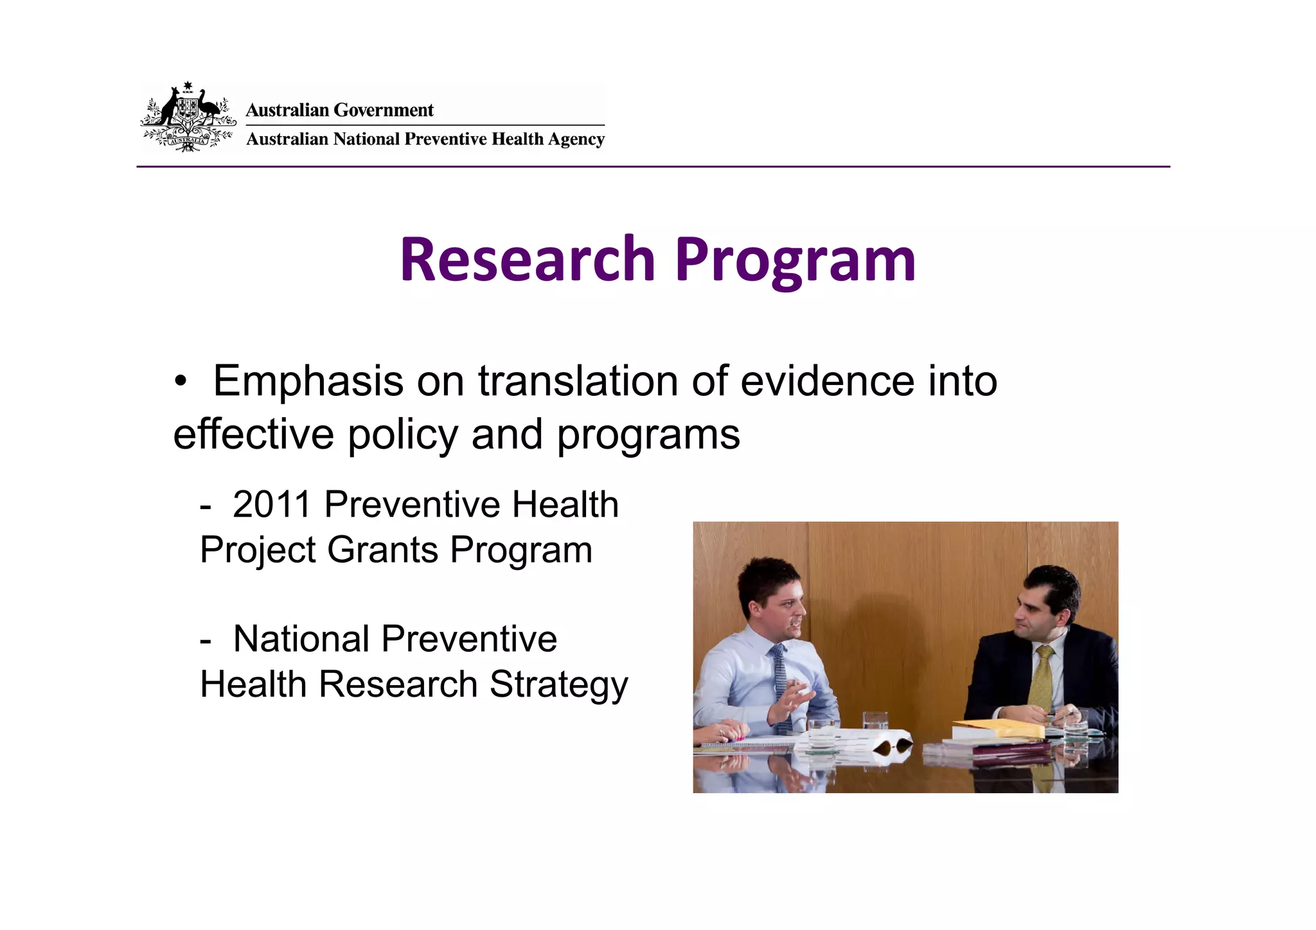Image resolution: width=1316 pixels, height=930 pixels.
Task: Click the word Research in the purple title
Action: click(527, 260)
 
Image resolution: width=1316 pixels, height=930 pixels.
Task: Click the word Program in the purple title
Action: click(794, 261)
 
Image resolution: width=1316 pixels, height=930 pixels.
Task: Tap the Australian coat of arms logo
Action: click(188, 117)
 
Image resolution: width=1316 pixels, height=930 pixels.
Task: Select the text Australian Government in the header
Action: click(339, 110)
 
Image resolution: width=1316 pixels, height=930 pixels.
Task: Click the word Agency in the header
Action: click(576, 139)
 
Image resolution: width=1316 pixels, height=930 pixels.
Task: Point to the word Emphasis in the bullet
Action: click(308, 381)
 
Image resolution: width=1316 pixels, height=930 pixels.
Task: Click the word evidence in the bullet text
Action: click(827, 381)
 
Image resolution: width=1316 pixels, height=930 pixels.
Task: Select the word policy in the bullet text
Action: click(403, 434)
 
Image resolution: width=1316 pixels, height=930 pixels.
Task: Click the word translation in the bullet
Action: click(578, 381)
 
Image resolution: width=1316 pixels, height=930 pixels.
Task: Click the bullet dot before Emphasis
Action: click(181, 381)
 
